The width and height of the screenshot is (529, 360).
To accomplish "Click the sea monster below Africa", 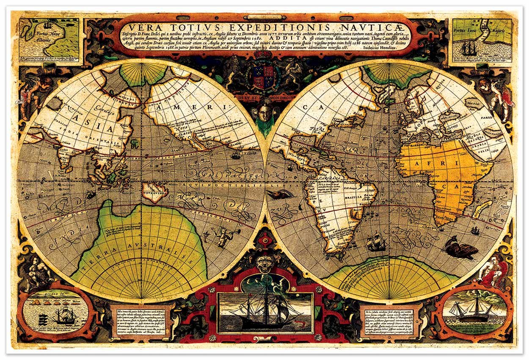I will [x=461, y=250].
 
